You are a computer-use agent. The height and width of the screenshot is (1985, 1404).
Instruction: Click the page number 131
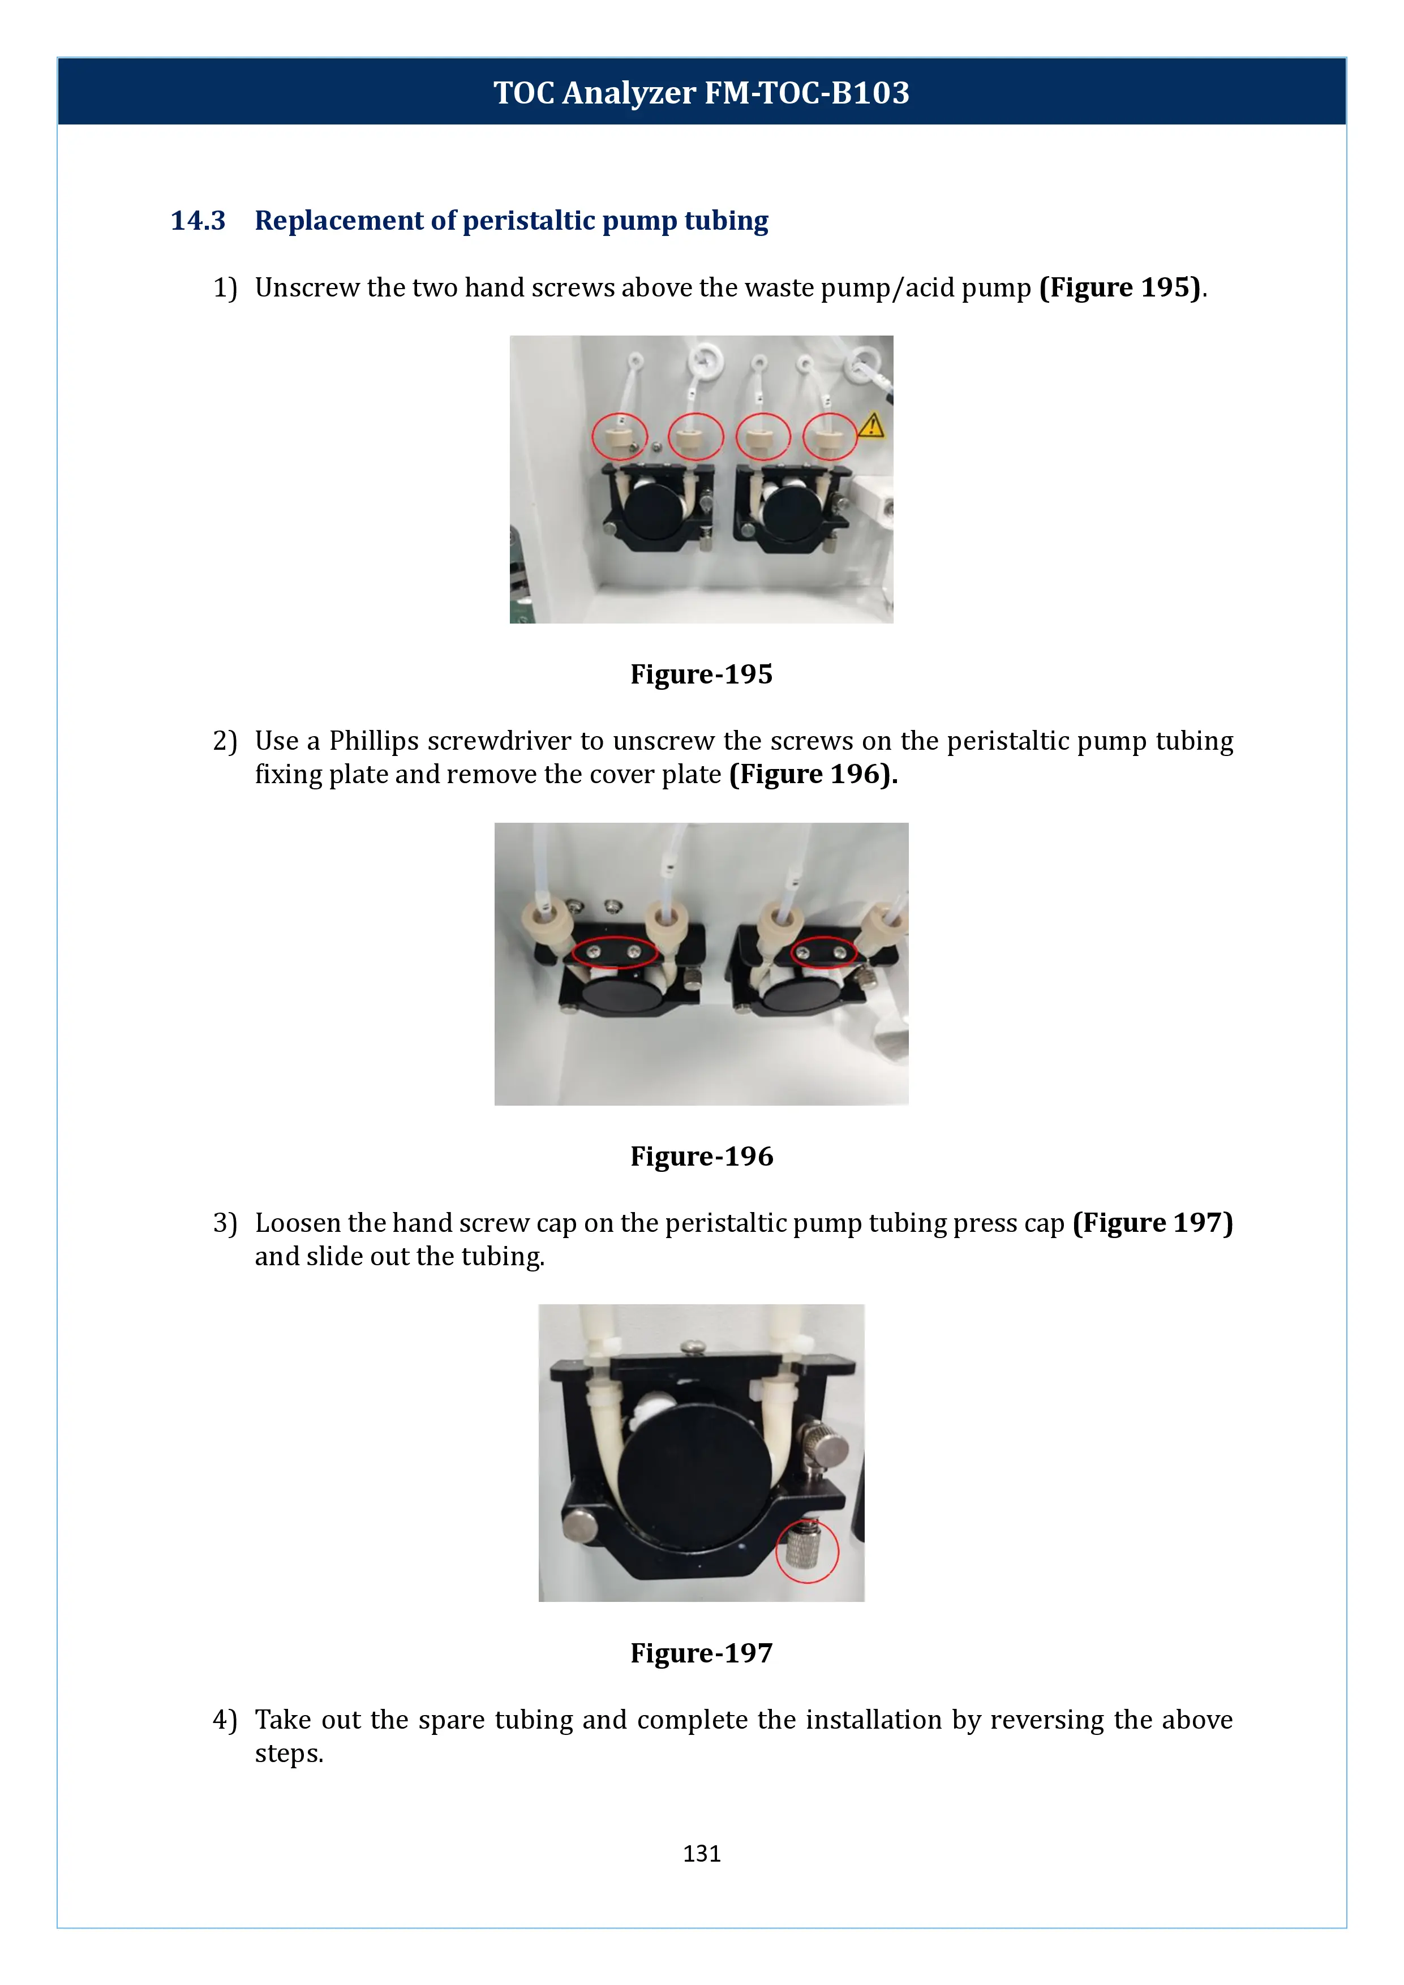pyautogui.click(x=701, y=1853)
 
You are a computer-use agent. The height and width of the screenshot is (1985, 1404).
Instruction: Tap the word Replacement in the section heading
pyautogui.click(x=340, y=221)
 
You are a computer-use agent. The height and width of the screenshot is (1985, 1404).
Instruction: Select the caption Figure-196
pyautogui.click(x=701, y=1156)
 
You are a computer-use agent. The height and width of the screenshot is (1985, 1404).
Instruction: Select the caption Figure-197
pyautogui.click(x=701, y=1652)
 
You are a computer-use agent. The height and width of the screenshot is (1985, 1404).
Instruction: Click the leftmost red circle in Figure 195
pyautogui.click(x=619, y=436)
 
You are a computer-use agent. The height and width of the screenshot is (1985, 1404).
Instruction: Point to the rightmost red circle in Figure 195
pyautogui.click(x=830, y=436)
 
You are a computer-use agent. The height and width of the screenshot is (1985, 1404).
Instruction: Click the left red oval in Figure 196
pyautogui.click(x=614, y=952)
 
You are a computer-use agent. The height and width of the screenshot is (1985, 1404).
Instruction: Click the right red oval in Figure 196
pyautogui.click(x=823, y=951)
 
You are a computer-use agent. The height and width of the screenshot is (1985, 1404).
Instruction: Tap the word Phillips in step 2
pyautogui.click(x=373, y=741)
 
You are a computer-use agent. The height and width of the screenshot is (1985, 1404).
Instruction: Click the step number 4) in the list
pyautogui.click(x=225, y=1720)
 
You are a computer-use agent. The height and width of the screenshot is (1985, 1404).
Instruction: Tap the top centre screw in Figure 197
pyautogui.click(x=693, y=1346)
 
